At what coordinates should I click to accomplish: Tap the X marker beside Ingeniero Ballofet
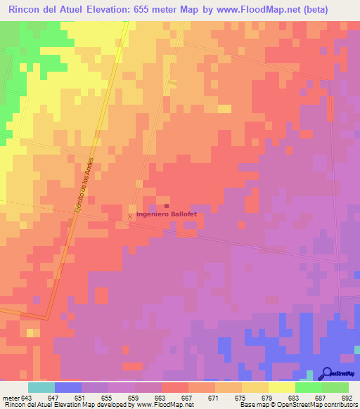pos(129,216)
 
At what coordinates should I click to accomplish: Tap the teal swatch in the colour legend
pos(41,387)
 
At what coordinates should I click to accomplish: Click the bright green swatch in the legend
pos(308,387)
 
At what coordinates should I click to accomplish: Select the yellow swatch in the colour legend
pos(281,387)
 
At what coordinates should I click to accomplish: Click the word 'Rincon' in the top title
pos(27,11)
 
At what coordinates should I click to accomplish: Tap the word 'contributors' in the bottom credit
pos(338,405)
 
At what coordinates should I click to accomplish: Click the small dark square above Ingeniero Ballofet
pos(157,206)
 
